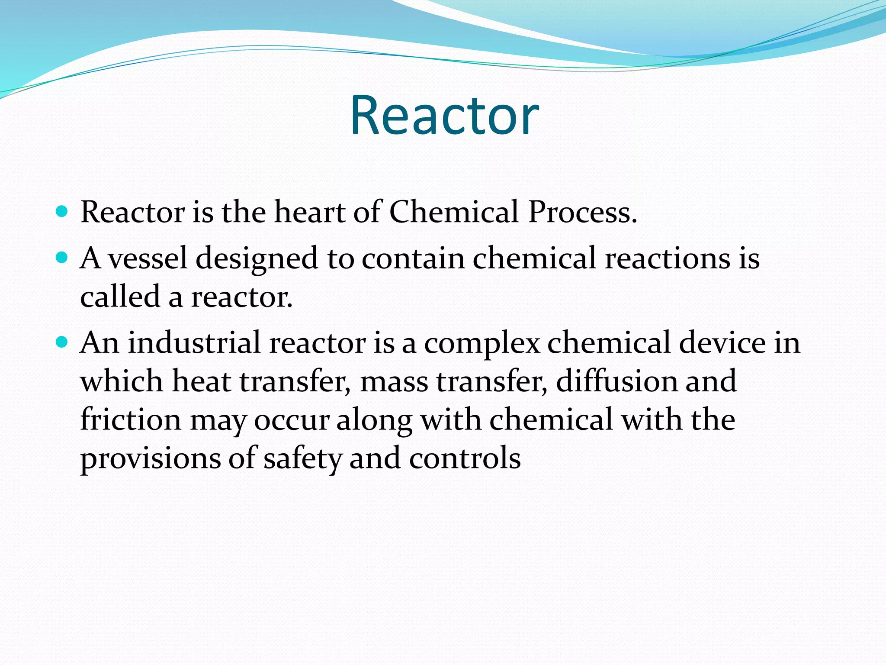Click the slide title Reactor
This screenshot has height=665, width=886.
[444, 116]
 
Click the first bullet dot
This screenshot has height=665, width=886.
[62, 212]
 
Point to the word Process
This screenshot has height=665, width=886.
[582, 212]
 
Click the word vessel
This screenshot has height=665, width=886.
[147, 258]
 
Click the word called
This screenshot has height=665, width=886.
[120, 297]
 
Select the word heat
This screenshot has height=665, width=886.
[201, 381]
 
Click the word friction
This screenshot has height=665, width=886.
[131, 420]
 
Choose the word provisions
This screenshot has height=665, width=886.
[150, 459]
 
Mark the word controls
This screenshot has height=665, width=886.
[465, 458]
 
